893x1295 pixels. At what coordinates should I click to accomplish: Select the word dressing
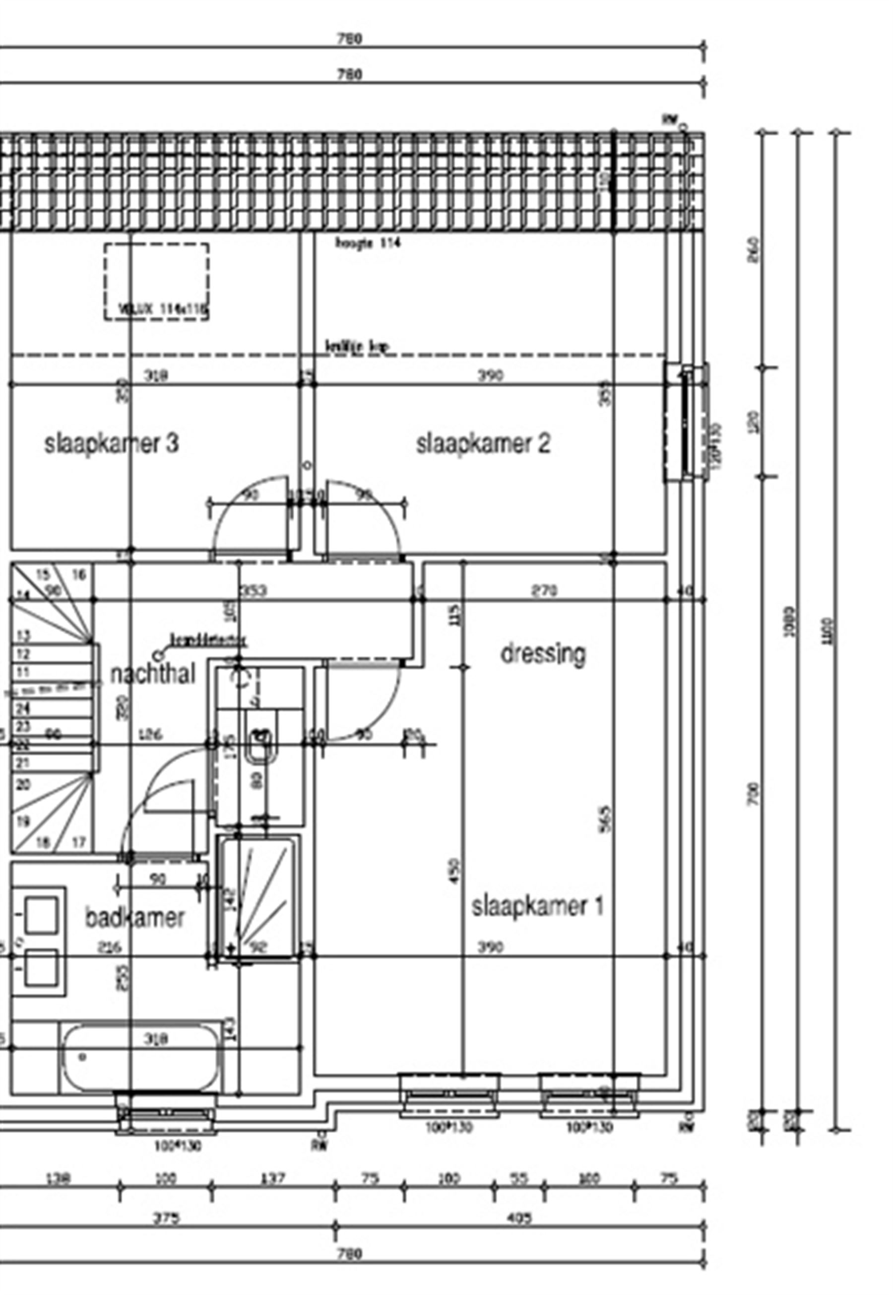[543, 653]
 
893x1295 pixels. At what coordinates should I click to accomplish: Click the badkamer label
[135, 918]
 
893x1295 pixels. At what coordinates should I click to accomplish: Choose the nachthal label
[153, 675]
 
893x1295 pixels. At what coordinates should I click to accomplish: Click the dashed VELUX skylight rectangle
[157, 281]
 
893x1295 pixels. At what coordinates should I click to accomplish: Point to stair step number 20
[22, 785]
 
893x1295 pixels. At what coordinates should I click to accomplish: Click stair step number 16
[79, 575]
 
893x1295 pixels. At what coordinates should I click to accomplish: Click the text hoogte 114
[368, 243]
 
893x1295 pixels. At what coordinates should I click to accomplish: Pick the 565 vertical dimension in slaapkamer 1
[607, 818]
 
